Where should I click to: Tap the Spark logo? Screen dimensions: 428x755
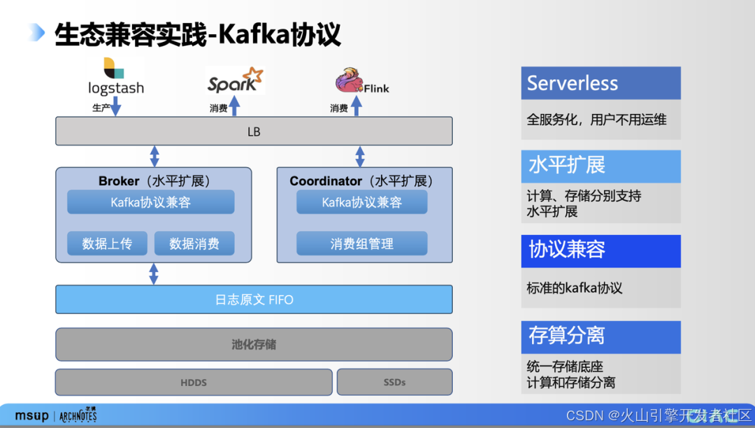[x=236, y=80]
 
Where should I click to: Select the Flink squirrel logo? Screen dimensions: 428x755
[x=361, y=81]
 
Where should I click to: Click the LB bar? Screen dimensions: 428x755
[x=254, y=131]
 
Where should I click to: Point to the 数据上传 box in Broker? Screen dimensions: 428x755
[x=107, y=243]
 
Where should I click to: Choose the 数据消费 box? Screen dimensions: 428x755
[x=194, y=243]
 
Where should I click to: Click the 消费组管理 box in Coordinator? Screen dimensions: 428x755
[x=361, y=243]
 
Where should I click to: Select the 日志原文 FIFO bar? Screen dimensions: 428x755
[x=254, y=299]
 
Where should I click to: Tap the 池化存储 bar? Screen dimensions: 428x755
[x=254, y=344]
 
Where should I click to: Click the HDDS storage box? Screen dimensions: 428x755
[x=194, y=382]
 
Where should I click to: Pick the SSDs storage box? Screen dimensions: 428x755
[x=394, y=382]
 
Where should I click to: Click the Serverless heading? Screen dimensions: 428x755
[x=601, y=83]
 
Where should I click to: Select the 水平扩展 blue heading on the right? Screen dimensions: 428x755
[x=601, y=166]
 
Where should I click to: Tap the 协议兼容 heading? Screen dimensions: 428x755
[x=601, y=250]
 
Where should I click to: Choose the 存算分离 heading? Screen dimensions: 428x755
[x=601, y=336]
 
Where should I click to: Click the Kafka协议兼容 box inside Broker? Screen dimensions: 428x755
[x=150, y=202]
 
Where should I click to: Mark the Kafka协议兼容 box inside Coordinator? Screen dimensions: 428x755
[x=361, y=202]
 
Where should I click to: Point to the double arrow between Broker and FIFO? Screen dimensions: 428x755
[x=154, y=274]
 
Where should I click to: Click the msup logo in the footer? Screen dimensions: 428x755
[x=31, y=415]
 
